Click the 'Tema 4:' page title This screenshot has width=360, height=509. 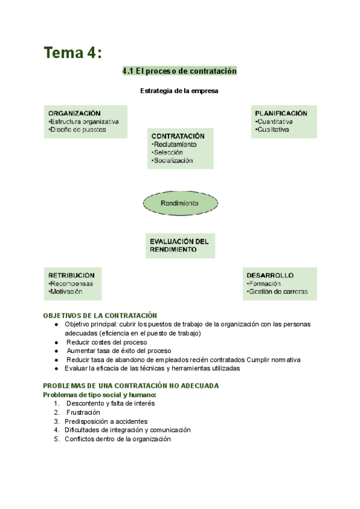73,53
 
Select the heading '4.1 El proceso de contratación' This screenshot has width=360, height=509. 179,71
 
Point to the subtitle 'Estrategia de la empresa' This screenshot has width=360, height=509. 179,91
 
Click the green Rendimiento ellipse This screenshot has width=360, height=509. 179,203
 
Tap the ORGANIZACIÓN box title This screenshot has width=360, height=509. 74,113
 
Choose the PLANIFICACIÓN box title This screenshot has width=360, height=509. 281,113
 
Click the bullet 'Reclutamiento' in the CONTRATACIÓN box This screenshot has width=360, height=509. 175,145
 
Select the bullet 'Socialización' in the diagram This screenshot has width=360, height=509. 173,160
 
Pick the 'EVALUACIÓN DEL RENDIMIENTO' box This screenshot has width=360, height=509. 179,245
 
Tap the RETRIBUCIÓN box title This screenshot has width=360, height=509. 71,276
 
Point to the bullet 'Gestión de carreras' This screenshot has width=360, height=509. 277,292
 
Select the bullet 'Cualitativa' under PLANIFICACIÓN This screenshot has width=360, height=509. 273,129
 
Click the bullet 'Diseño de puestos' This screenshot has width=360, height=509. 78,129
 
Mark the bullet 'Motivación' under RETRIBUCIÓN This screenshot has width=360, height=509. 66,292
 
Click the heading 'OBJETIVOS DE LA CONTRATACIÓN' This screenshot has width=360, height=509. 100,316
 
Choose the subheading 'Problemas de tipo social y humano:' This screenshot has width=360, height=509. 100,394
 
